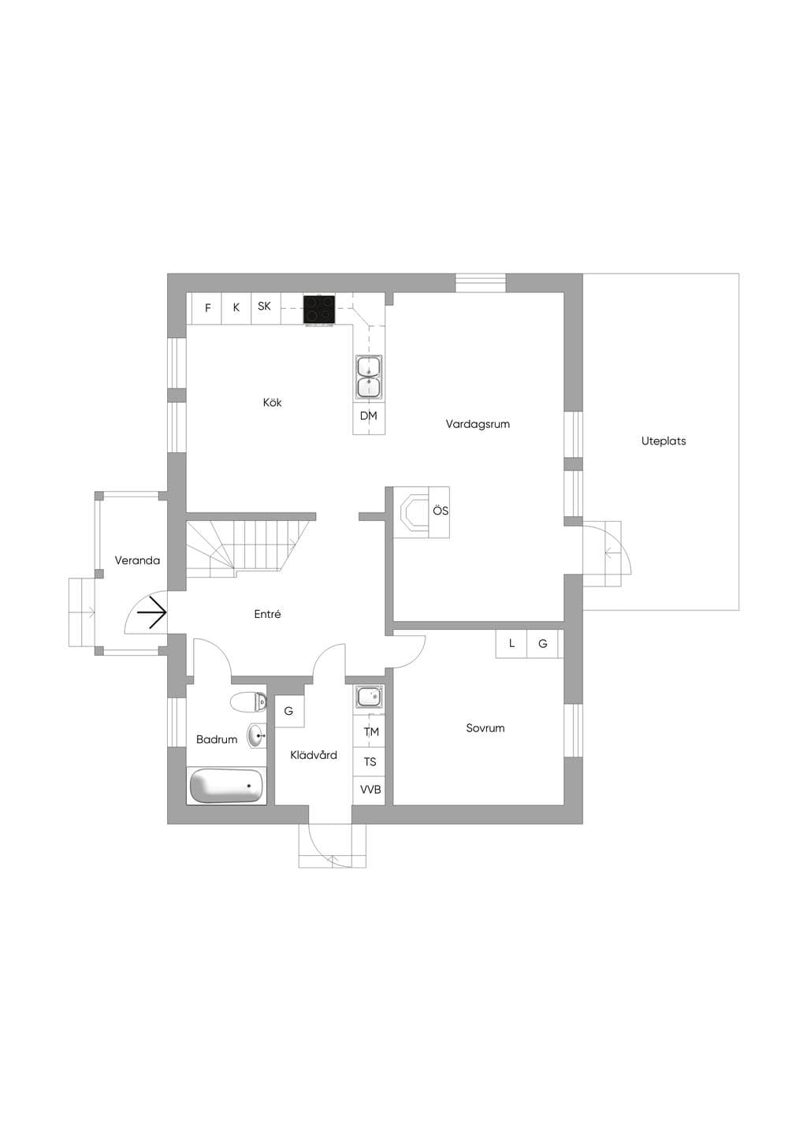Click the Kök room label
tap(272, 402)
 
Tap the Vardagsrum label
tap(478, 424)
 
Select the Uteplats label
tap(664, 441)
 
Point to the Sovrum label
tap(485, 728)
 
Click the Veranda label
tap(137, 560)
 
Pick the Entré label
tap(268, 614)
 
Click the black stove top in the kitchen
tap(319, 310)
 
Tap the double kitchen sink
tap(369, 377)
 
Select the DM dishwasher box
tap(369, 419)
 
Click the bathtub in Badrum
tap(226, 786)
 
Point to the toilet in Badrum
tap(248, 702)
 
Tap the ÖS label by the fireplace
tap(441, 511)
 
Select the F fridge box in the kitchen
tap(207, 308)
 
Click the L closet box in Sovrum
tap(511, 643)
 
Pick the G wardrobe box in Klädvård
tap(289, 711)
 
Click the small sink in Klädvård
tap(369, 697)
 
